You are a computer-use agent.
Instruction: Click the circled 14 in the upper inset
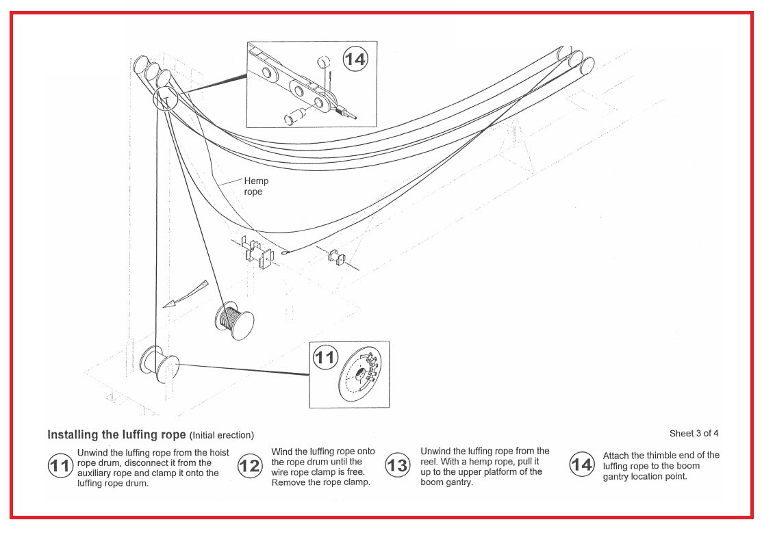[x=355, y=60]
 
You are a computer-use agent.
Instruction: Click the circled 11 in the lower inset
[x=325, y=357]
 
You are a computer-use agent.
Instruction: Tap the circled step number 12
[x=250, y=466]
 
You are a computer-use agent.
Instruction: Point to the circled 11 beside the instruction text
[x=61, y=466]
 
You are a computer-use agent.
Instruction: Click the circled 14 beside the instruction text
[x=581, y=465]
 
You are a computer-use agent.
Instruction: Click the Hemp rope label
[x=256, y=186]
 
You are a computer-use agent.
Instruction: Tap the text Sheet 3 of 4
[x=694, y=433]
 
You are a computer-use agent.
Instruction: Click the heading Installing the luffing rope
[x=116, y=434]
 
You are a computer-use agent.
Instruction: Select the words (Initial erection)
[x=221, y=435]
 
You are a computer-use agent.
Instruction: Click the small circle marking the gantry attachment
[x=164, y=99]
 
